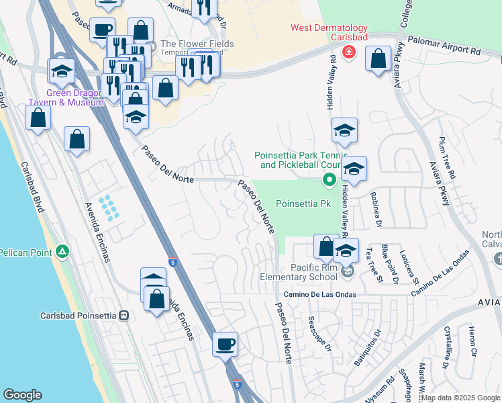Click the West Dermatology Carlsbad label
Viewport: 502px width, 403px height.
click(329, 32)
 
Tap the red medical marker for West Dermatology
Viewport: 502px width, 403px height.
click(348, 52)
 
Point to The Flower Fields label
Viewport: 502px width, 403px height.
click(197, 44)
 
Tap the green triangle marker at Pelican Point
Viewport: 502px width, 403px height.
click(62, 252)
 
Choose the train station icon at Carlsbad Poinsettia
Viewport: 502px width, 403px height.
click(123, 315)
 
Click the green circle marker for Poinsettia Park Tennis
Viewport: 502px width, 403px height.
click(329, 179)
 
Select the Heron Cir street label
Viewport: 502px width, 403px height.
click(472, 341)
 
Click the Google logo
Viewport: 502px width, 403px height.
click(22, 395)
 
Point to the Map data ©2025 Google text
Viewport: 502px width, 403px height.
click(460, 398)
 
